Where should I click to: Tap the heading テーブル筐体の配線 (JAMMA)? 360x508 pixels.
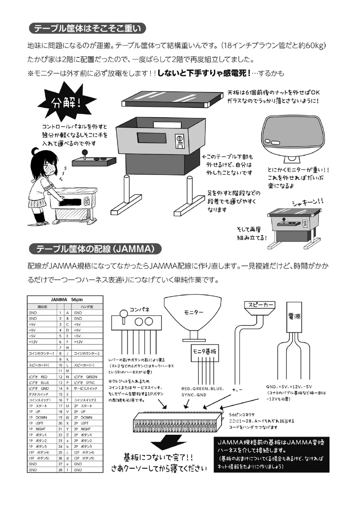coord(95,249)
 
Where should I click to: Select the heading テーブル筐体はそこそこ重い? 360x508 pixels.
coord(88,28)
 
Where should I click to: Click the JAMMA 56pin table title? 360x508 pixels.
coord(65,300)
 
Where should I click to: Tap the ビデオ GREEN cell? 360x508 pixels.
coord(86,377)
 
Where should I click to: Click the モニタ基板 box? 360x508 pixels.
coord(204,351)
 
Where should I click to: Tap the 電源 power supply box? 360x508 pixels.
coord(294,316)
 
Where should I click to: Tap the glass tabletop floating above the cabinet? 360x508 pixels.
coord(172,98)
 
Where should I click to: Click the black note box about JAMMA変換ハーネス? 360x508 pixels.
coord(271,454)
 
